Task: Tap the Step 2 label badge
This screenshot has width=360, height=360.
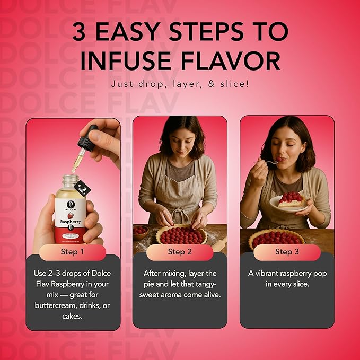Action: click(180, 252)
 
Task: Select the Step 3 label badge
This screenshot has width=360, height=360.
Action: click(287, 252)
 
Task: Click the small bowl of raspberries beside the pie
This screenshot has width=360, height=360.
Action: click(140, 231)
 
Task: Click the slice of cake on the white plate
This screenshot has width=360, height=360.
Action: click(289, 199)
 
